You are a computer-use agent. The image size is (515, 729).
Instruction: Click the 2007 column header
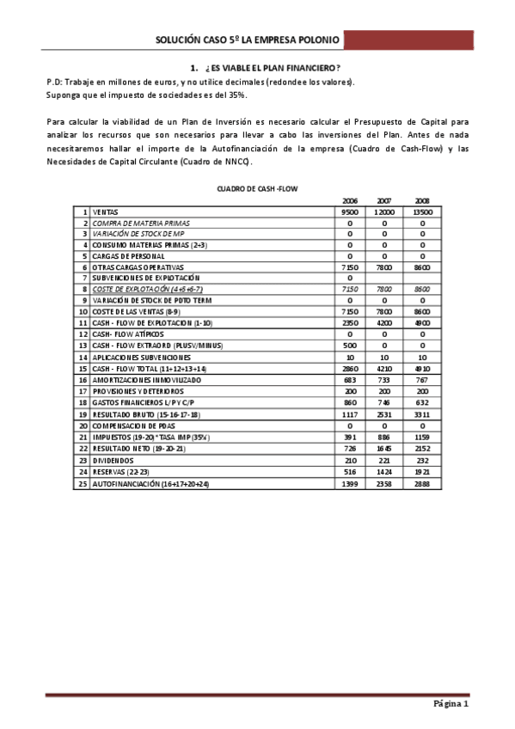click(385, 200)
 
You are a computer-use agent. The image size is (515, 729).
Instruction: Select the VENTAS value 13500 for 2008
click(422, 211)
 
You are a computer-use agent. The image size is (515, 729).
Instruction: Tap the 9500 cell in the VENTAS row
click(349, 211)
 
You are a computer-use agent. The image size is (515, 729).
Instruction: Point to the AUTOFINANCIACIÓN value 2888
click(422, 485)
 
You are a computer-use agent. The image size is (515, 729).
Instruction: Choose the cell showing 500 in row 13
click(349, 345)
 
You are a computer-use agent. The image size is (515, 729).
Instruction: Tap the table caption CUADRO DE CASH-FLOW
click(257, 187)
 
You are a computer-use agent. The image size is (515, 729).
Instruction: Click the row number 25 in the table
click(83, 485)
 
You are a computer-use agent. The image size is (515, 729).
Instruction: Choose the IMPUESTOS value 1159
click(422, 438)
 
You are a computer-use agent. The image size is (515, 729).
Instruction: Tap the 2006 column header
click(349, 200)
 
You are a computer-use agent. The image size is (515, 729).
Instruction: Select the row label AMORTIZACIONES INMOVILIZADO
click(146, 379)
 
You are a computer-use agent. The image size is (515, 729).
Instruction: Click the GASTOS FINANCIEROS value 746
click(385, 401)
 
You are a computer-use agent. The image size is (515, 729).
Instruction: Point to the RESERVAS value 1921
click(422, 473)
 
